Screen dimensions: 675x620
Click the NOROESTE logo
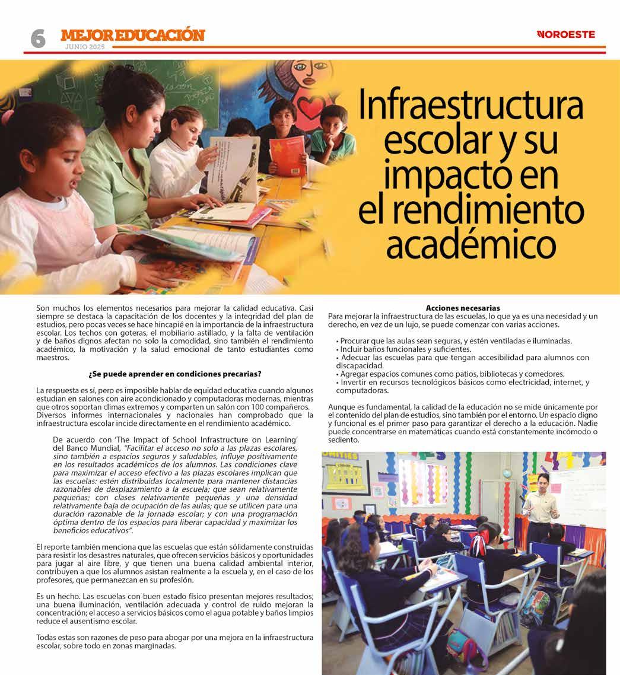pos(566,34)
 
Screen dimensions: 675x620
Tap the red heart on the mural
pos(309,109)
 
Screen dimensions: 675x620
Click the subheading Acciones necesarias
pos(463,308)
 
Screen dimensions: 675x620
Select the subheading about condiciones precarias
pos(175,374)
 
